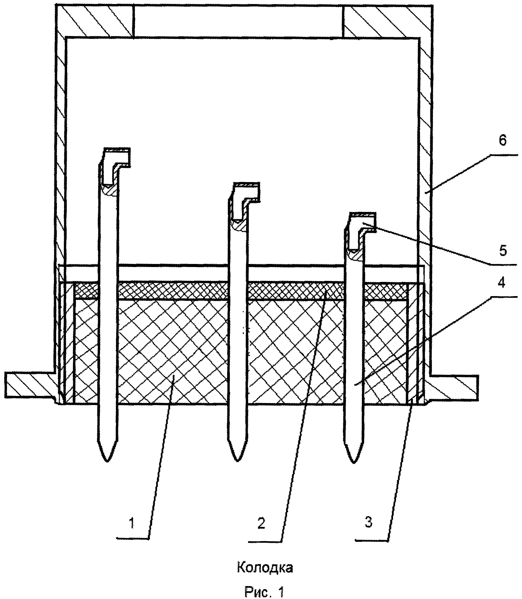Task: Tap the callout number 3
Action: point(369,522)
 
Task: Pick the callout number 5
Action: point(503,251)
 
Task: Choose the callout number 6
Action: point(503,140)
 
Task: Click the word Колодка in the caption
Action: point(264,568)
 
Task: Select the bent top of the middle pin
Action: point(247,192)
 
